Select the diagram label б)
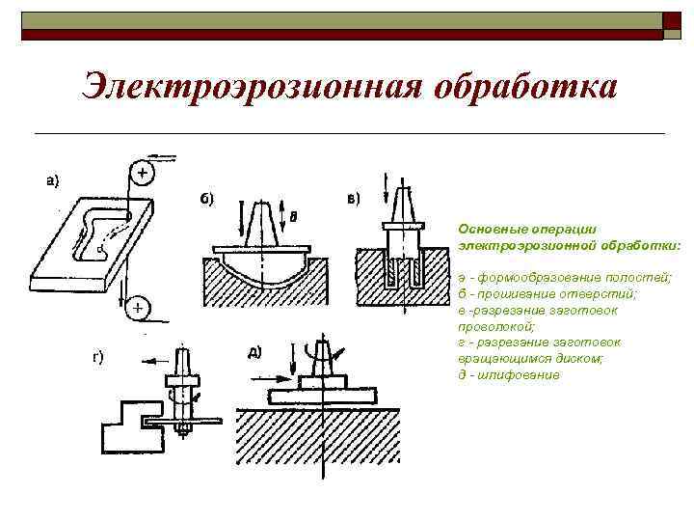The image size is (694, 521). point(206,199)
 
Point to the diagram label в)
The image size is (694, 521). point(353,199)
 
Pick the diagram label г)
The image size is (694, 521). point(97,358)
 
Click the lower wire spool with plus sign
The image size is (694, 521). point(138,308)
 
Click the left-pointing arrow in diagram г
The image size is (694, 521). point(150,358)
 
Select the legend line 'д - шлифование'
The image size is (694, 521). point(509,374)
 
